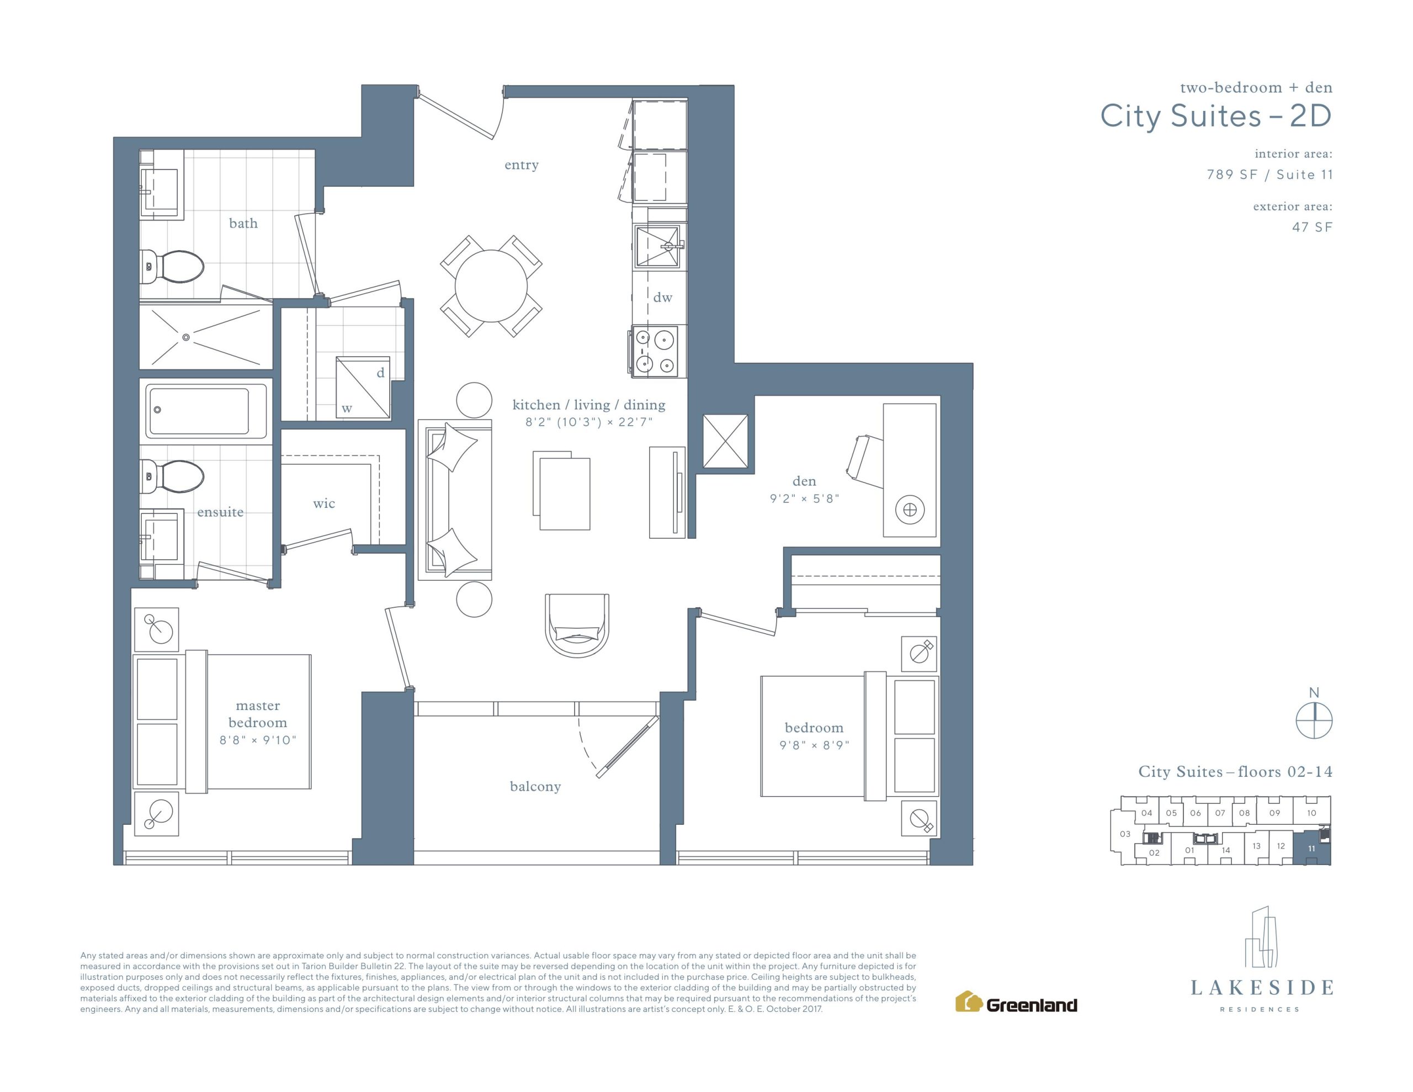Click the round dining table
pos(491,285)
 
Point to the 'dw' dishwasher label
pos(662,298)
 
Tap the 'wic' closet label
pos(324,503)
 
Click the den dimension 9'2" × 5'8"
pos(804,499)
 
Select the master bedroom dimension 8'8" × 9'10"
pos(258,740)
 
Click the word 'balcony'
pos(535,787)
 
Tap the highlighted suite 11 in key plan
pos(1311,848)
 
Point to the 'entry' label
pos(522,165)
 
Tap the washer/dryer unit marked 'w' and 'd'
pos(363,388)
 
